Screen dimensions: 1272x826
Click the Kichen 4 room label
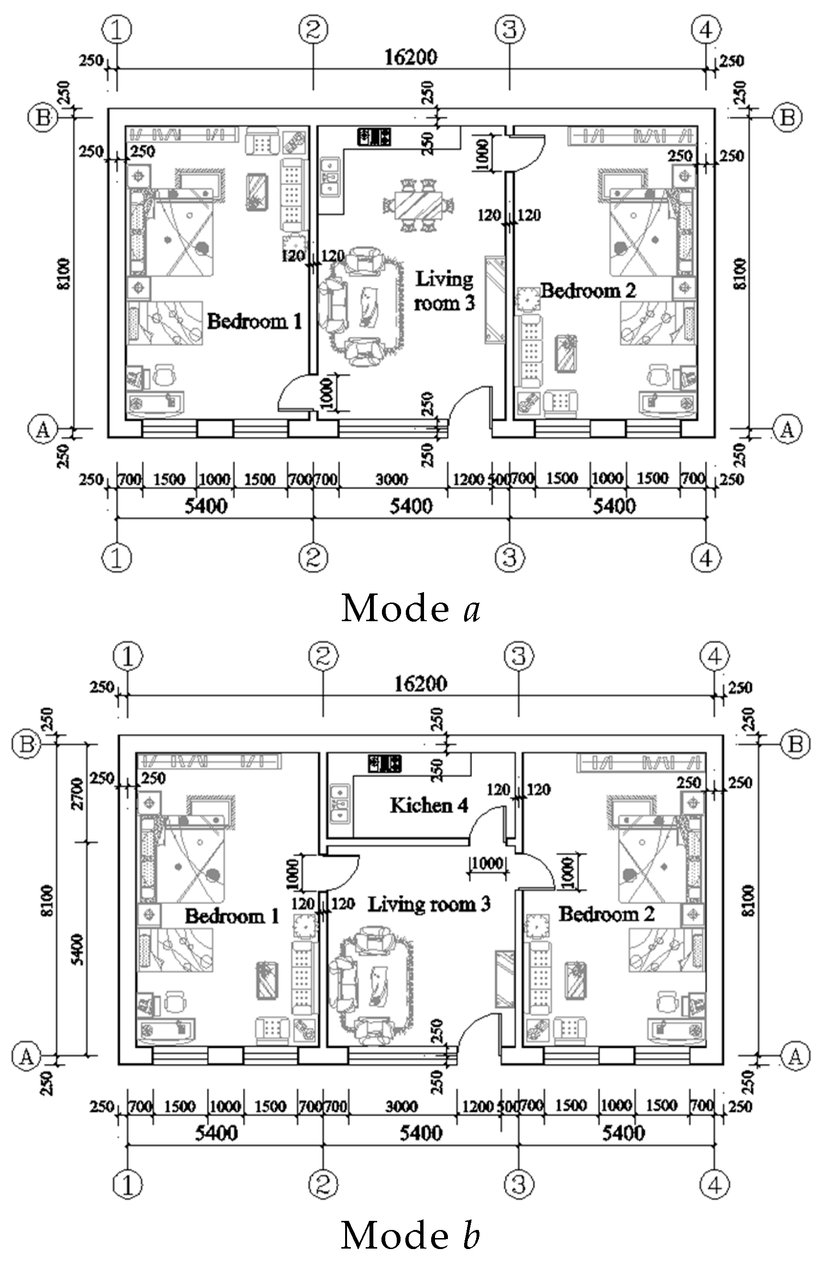coord(429,805)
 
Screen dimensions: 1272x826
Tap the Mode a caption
coord(411,608)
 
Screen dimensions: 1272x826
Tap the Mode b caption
coord(411,1236)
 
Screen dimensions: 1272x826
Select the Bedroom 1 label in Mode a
coord(254,321)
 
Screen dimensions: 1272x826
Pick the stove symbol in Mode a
coord(374,137)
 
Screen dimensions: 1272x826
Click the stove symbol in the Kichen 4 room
coord(384,763)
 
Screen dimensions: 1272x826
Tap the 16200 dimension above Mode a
coord(411,57)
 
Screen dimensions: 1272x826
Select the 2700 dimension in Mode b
coord(78,794)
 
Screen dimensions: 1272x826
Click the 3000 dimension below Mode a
coord(391,479)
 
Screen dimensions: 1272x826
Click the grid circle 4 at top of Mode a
coord(706,31)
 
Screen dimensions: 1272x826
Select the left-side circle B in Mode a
coord(42,117)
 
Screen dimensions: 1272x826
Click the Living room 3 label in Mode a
coord(444,291)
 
